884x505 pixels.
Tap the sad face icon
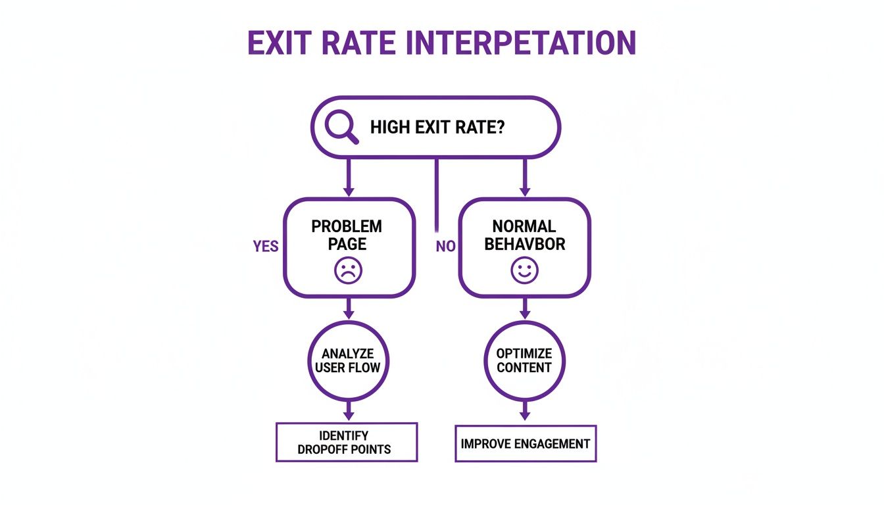[348, 270]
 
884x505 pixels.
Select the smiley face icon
[524, 270]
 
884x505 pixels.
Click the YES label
[266, 247]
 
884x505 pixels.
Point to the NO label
[445, 247]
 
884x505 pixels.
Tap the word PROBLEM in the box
[347, 226]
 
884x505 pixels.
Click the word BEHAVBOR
[524, 244]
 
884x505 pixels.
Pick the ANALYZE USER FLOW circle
[348, 360]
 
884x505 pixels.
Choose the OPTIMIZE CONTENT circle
[524, 360]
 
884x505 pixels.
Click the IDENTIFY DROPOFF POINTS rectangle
[346, 443]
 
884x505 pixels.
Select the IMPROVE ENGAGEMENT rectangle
[525, 443]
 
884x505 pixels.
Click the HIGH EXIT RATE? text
[437, 128]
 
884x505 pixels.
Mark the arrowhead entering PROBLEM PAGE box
[349, 191]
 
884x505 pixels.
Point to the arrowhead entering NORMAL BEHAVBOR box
[524, 191]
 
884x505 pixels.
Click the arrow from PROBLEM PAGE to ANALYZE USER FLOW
[349, 308]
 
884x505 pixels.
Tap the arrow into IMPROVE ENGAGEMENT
[524, 413]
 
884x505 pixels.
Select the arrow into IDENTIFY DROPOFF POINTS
[349, 412]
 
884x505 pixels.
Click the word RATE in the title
[362, 43]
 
